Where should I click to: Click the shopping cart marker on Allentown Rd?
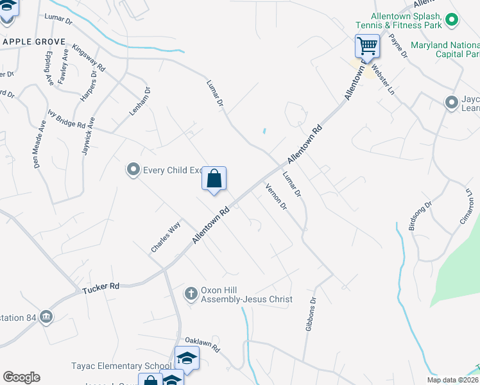[367, 46]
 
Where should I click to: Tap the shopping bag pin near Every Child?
[214, 179]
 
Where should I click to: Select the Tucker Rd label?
[101, 287]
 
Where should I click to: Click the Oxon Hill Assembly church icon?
[191, 294]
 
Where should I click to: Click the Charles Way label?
[166, 237]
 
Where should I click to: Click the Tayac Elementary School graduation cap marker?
[187, 358]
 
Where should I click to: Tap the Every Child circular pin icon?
[133, 170]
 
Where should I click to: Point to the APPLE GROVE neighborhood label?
[35, 42]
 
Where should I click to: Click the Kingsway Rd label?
[89, 57]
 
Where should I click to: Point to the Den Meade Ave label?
[39, 147]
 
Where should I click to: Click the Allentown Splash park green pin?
[452, 21]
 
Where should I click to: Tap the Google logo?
[22, 377]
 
